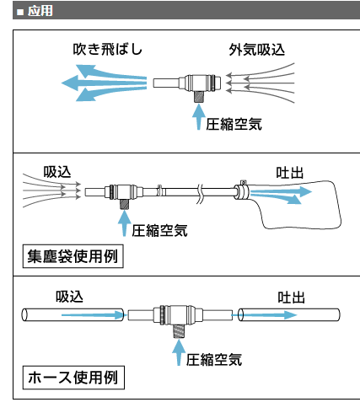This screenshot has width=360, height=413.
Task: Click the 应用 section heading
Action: [x=40, y=11]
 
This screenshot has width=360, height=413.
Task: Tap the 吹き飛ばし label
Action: [x=108, y=50]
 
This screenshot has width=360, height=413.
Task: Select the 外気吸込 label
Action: [x=257, y=50]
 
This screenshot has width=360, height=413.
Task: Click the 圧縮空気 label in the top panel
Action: [x=234, y=124]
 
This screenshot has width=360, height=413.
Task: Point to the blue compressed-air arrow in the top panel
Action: [x=199, y=117]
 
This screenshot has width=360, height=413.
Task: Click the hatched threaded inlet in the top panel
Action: [x=199, y=97]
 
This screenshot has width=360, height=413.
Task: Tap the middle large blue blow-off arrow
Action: [x=104, y=83]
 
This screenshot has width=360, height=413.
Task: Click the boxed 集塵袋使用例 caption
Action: [x=73, y=256]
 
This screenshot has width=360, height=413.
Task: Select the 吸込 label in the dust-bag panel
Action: [x=57, y=172]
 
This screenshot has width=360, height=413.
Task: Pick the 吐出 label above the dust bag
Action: [x=290, y=173]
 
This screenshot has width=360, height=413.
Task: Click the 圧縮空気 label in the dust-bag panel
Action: [x=159, y=231]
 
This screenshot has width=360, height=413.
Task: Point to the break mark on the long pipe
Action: [x=200, y=194]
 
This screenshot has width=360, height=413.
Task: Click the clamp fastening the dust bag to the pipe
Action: [x=242, y=190]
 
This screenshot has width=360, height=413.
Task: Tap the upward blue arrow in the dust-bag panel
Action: [x=124, y=223]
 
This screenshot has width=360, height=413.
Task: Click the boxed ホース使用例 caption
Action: [x=73, y=378]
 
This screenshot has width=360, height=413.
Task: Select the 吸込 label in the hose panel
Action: [x=69, y=297]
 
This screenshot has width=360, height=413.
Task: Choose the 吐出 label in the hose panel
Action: [x=292, y=298]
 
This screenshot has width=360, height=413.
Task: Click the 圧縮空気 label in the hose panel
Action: [x=214, y=360]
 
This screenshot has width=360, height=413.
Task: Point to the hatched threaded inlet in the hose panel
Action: [x=179, y=330]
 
